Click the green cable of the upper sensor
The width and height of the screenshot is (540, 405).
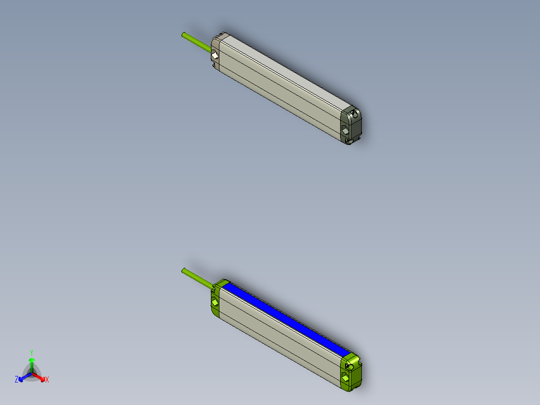click(196, 42)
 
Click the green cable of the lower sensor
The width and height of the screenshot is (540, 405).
click(196, 277)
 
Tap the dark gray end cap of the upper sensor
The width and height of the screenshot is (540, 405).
click(351, 126)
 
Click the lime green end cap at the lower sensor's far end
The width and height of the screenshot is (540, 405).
click(352, 371)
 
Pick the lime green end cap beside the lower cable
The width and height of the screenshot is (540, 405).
click(216, 301)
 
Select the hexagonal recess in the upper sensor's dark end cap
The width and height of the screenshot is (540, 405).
click(346, 130)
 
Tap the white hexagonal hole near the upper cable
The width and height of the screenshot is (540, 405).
click(214, 56)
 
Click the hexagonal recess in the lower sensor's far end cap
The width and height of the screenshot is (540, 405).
click(345, 376)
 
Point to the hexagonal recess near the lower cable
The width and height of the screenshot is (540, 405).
click(215, 302)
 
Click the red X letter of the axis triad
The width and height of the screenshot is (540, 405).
click(47, 380)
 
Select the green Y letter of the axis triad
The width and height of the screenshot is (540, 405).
click(32, 352)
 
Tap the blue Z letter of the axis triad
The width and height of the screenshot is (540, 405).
click(17, 380)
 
